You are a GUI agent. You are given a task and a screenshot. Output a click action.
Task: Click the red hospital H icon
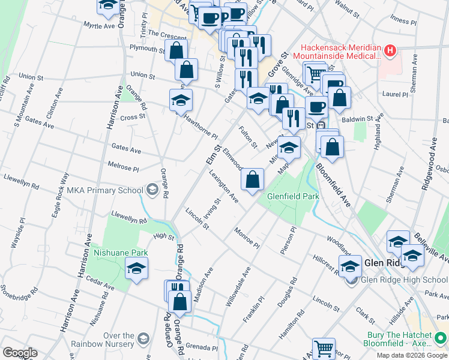pos(390,50)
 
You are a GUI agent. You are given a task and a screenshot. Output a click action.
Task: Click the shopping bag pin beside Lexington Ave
pos(253,179)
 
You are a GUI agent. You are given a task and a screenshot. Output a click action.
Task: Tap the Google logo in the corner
pos(19,353)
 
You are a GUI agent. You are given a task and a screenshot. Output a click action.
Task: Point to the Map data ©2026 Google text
pos(412,355)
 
